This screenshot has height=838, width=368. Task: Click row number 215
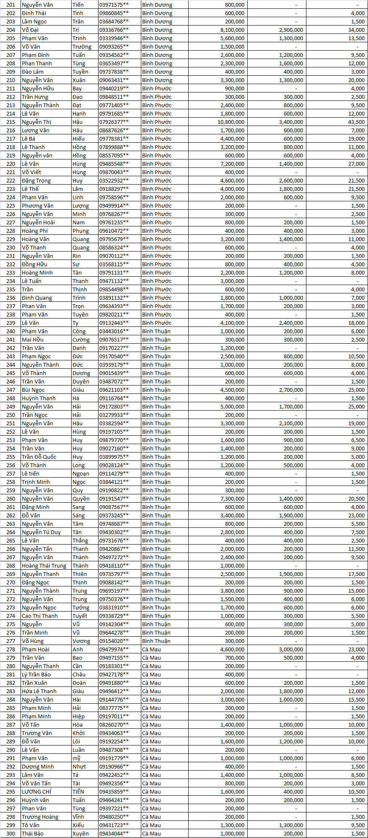click(10, 122)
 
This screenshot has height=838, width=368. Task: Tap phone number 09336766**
click(114, 30)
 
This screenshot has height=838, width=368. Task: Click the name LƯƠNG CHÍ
click(36, 792)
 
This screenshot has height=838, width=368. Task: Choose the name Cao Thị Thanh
click(40, 616)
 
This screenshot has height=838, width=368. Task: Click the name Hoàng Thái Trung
click(44, 566)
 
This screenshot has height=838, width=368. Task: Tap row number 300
click(10, 833)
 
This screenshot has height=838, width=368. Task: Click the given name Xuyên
click(80, 833)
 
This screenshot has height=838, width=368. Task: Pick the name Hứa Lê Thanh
click(39, 691)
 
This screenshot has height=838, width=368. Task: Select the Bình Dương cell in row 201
click(157, 5)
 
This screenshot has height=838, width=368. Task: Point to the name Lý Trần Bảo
click(36, 674)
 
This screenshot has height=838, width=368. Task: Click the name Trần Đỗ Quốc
click(39, 457)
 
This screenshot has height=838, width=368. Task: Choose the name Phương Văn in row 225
click(38, 206)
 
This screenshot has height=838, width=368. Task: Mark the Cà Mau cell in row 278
click(151, 649)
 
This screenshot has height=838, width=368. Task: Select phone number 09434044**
click(114, 833)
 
